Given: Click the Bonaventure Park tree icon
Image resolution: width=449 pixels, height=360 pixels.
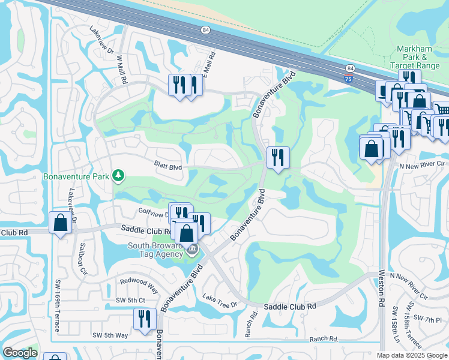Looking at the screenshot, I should (119, 175).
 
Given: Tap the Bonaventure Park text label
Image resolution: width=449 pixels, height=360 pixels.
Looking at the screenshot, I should (77, 176).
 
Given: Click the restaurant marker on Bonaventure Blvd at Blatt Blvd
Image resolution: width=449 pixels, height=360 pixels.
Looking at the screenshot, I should (278, 158).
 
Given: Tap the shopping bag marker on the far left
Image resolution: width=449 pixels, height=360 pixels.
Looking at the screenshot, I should (61, 223).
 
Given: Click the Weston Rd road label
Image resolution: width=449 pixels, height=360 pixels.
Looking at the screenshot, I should (381, 288).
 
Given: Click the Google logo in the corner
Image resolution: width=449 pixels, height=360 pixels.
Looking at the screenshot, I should (20, 353).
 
